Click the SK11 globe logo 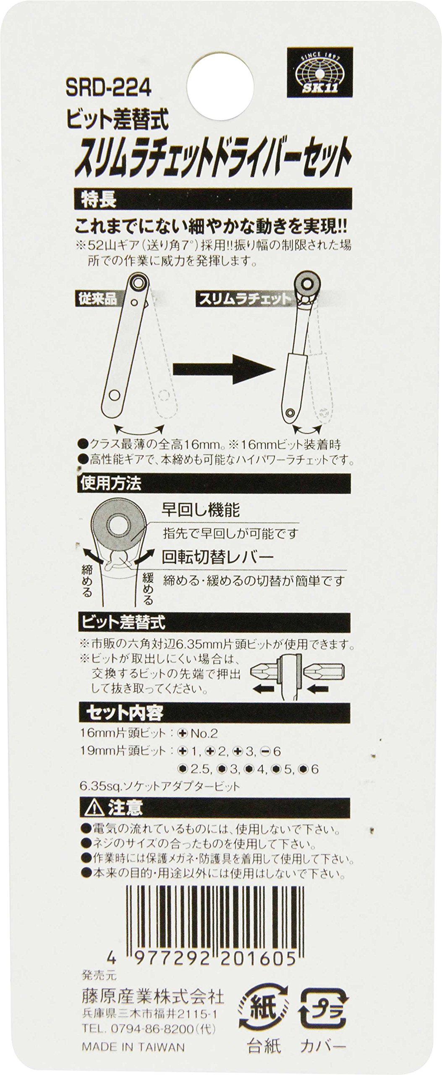[x=319, y=72]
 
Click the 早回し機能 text [x=201, y=510]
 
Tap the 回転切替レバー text [x=218, y=557]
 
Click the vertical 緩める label [x=148, y=588]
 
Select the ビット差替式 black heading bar [x=212, y=622]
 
